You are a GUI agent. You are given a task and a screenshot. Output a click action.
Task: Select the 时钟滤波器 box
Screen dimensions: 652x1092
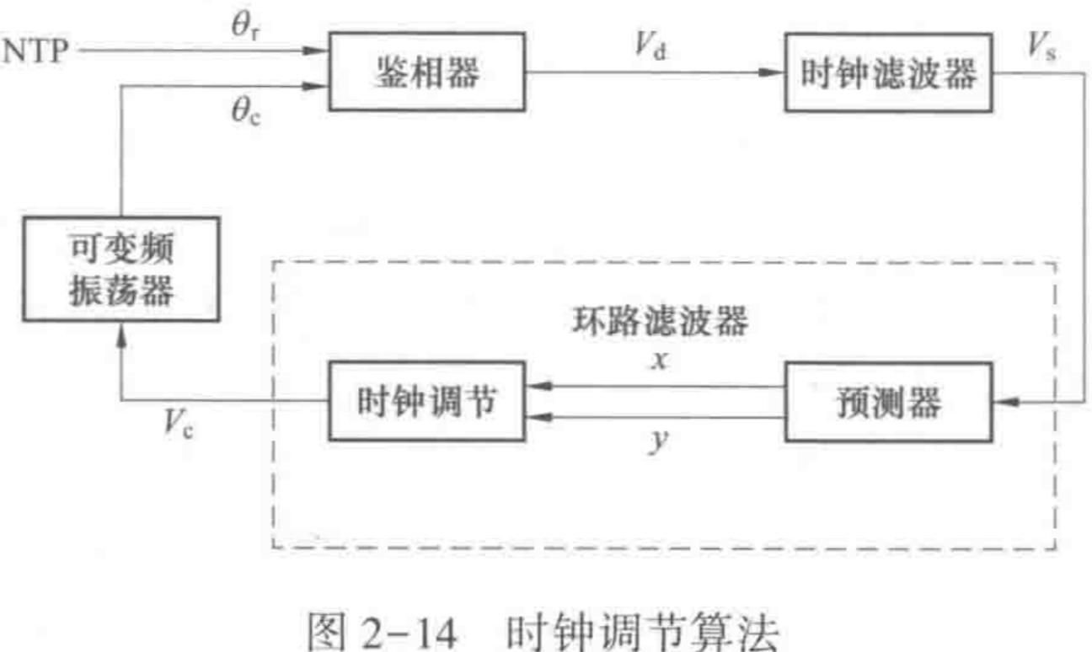point(890,73)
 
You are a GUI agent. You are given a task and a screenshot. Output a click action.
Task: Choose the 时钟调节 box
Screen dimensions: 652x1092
point(426,401)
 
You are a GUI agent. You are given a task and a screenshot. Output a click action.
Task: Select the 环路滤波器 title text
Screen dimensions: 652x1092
point(659,321)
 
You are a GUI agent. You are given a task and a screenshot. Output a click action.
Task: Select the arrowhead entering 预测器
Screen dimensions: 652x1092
point(1004,403)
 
